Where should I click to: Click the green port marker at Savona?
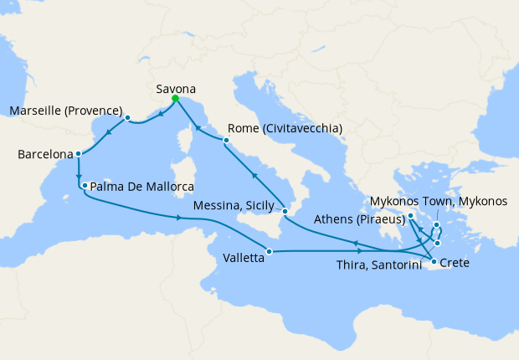(175, 99)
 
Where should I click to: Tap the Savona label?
(177, 85)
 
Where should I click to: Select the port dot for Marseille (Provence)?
(127, 118)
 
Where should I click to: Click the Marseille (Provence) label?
(66, 111)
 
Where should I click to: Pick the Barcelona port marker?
(78, 154)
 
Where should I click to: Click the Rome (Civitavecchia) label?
(284, 129)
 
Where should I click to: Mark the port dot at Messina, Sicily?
(285, 211)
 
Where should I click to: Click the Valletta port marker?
(269, 251)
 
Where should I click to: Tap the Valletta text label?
(239, 259)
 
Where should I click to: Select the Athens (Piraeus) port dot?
(411, 218)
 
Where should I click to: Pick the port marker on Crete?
(434, 263)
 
